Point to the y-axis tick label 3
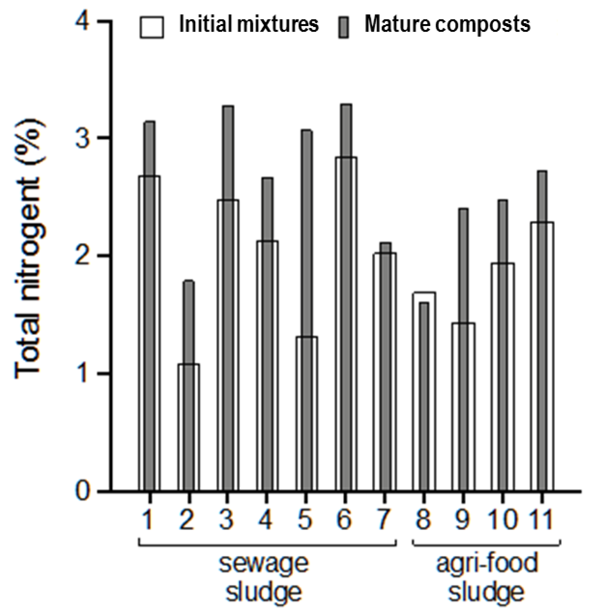[x=82, y=138]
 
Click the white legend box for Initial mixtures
[x=152, y=28]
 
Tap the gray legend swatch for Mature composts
[x=343, y=28]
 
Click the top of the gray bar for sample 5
[x=306, y=131]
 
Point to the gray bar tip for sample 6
[x=346, y=105]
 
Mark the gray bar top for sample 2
[x=189, y=282]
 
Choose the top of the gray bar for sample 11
[x=542, y=172]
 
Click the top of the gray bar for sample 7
[x=385, y=244]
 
